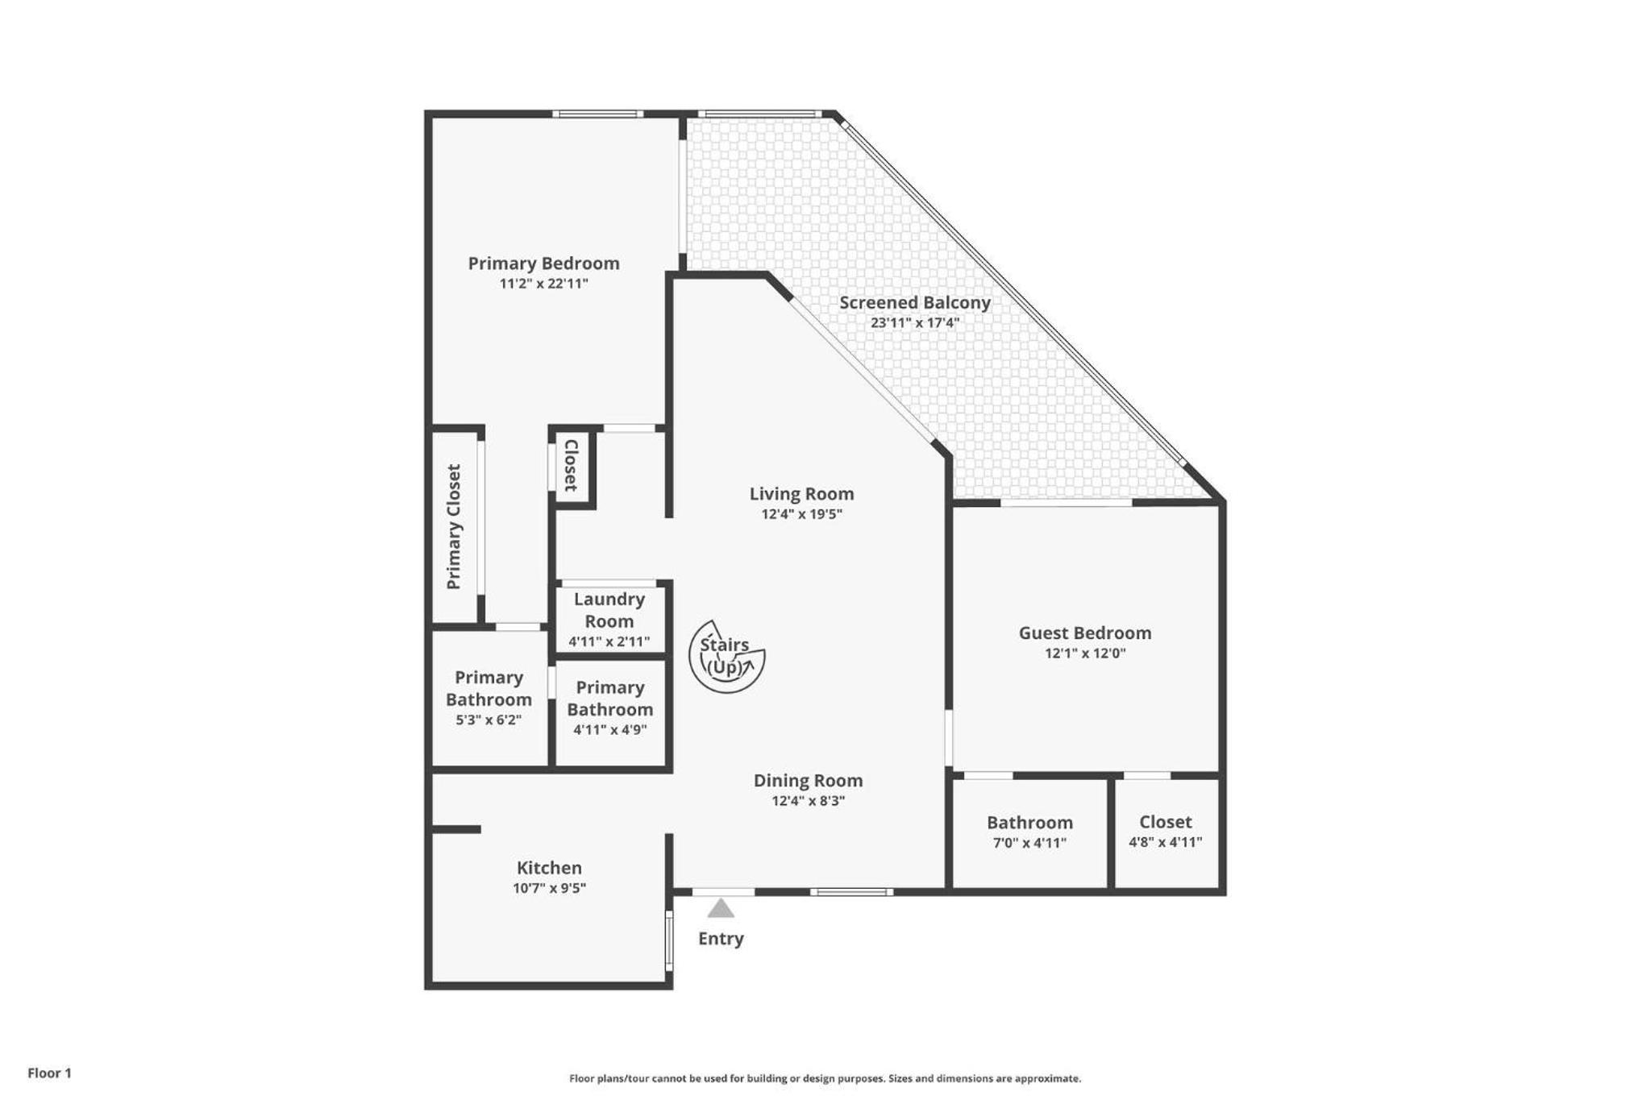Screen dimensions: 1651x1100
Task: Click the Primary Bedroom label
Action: coord(543,264)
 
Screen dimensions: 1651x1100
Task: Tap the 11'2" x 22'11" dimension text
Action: coord(543,284)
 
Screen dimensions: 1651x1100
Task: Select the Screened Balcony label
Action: coord(915,303)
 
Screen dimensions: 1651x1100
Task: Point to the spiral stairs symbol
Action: coord(726,656)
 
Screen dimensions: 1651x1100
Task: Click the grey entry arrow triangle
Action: coord(721,908)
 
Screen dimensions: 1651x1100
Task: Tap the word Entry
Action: coord(721,939)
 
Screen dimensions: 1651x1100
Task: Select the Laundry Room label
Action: coord(609,610)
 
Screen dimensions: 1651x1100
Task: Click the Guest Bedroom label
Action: coord(1084,633)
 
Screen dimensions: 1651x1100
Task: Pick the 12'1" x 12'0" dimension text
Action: coord(1085,654)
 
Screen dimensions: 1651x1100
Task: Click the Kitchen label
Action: coord(549,868)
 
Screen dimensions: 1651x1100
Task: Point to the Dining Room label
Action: coord(808,781)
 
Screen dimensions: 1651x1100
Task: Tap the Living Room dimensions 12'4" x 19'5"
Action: coord(801,514)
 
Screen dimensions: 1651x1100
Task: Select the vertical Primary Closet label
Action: coord(454,526)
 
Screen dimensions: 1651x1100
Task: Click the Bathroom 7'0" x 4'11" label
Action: coord(1029,832)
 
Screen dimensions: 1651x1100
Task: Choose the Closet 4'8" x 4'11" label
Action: coord(1165,832)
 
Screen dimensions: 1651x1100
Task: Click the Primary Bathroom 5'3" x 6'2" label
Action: coord(489,698)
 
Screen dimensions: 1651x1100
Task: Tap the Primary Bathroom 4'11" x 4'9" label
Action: coord(609,708)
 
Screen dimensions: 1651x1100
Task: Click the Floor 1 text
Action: coord(49,1073)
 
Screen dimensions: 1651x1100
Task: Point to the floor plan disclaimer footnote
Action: coord(825,1078)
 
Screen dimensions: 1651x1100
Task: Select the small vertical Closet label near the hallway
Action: coord(571,465)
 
